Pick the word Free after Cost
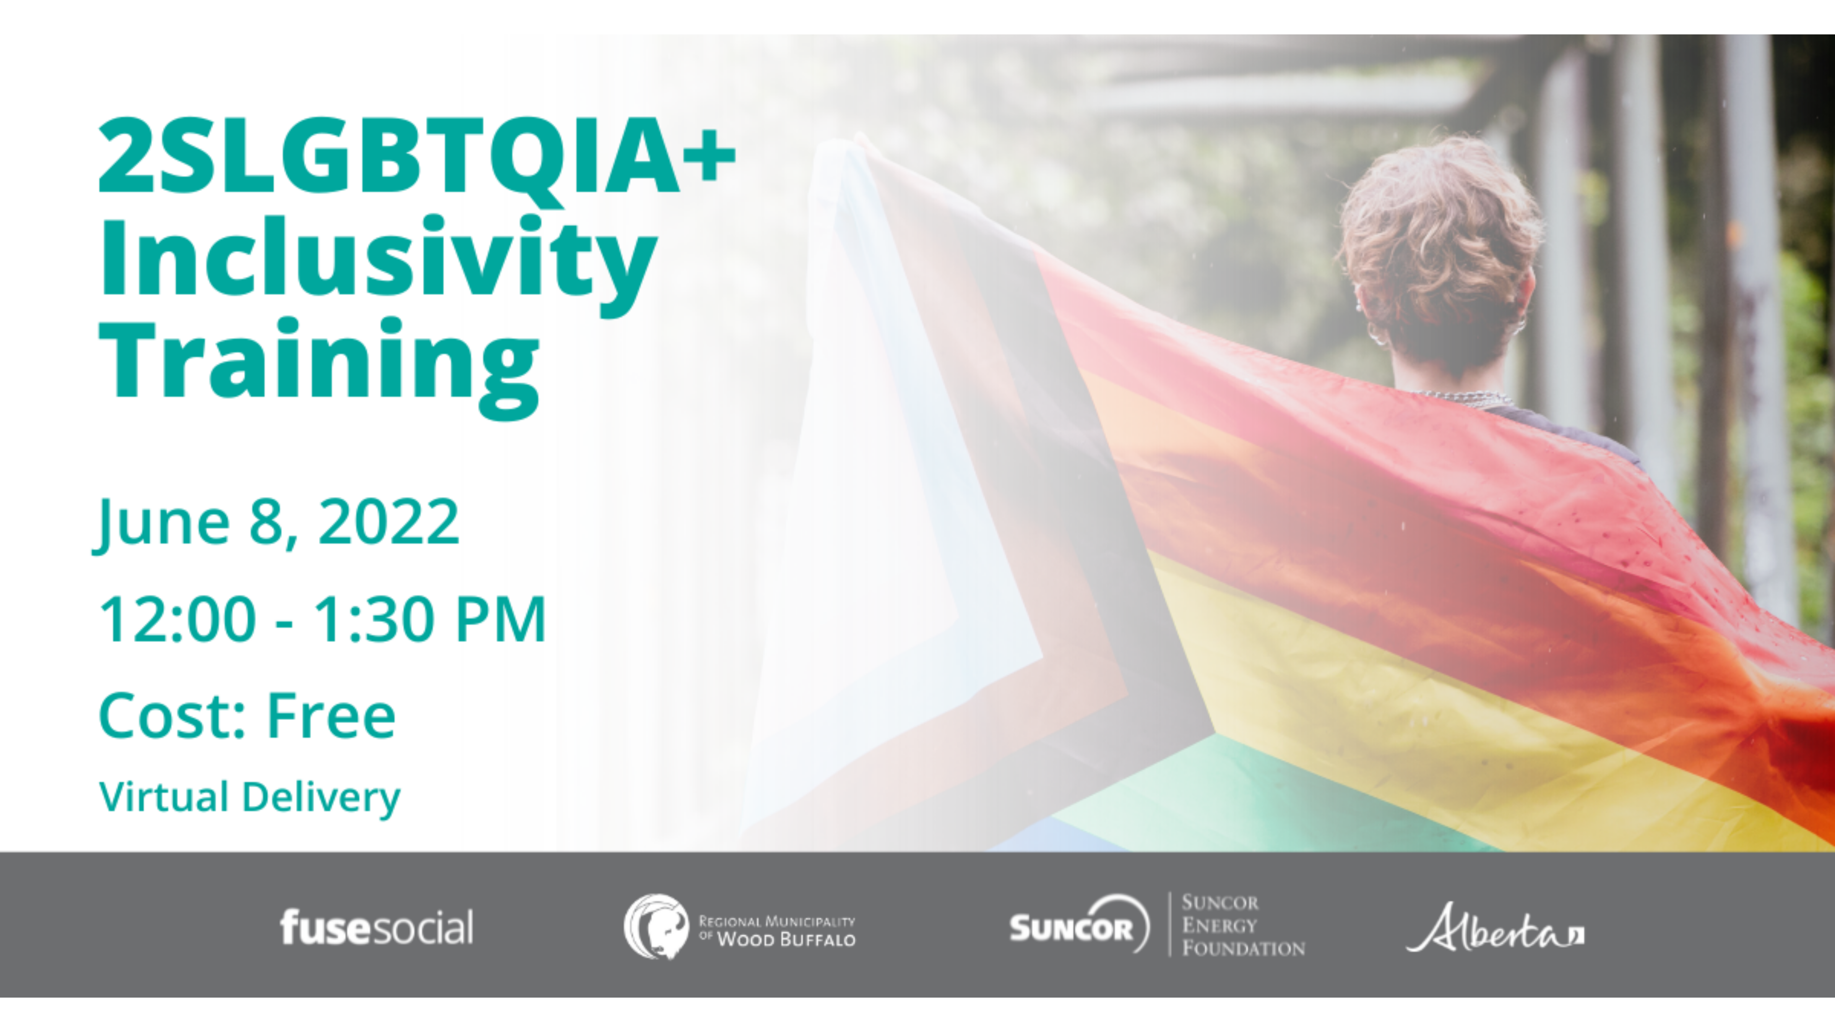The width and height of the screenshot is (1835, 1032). pyautogui.click(x=331, y=716)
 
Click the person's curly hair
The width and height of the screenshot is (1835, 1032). pyautogui.click(x=1439, y=242)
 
